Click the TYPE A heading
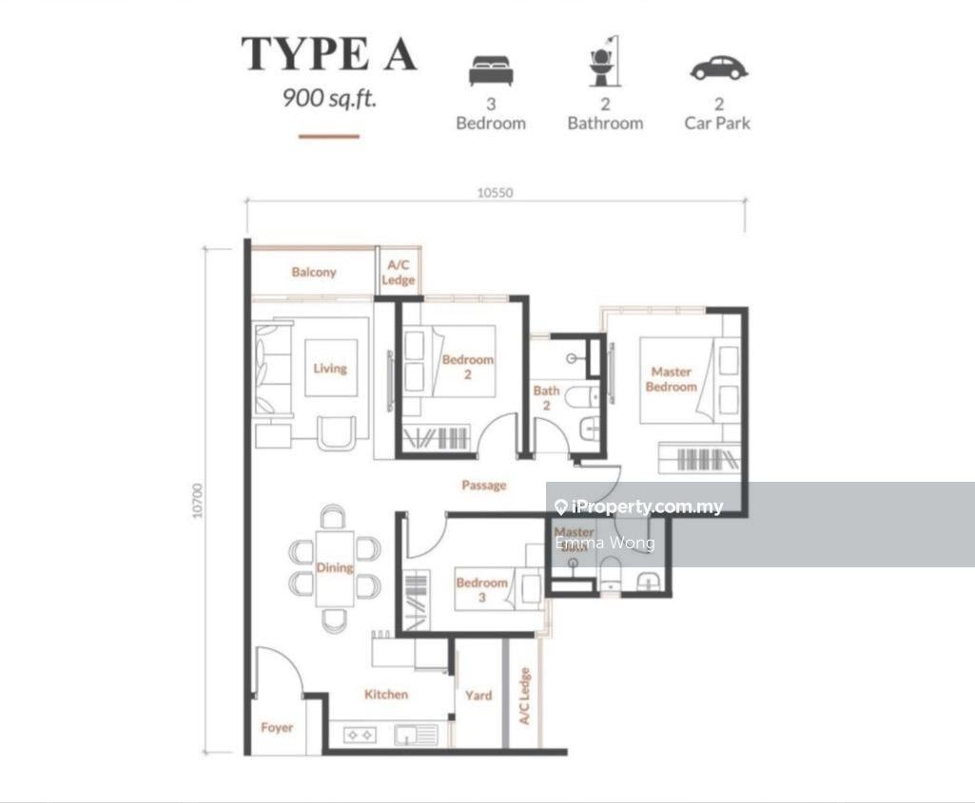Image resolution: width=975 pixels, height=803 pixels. pyautogui.click(x=329, y=53)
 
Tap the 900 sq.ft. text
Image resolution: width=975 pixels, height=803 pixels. pyautogui.click(x=329, y=97)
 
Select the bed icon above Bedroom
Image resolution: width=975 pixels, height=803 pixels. pyautogui.click(x=491, y=70)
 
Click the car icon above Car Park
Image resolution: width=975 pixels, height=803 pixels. pyautogui.click(x=718, y=68)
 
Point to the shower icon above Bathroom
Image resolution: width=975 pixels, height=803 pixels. pyautogui.click(x=604, y=62)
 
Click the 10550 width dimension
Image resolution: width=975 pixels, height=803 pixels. pyautogui.click(x=495, y=193)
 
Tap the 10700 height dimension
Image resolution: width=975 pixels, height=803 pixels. pyautogui.click(x=198, y=501)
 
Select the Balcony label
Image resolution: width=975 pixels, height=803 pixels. pyautogui.click(x=314, y=273)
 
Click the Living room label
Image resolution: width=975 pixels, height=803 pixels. pyautogui.click(x=330, y=369)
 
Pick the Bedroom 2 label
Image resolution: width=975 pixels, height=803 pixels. pyautogui.click(x=468, y=367)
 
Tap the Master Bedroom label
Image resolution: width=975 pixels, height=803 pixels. pyautogui.click(x=671, y=379)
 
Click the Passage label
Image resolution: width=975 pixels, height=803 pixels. pyautogui.click(x=484, y=486)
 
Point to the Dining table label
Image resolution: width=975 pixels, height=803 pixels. pyautogui.click(x=334, y=567)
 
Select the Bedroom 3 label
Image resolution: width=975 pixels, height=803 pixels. pyautogui.click(x=481, y=589)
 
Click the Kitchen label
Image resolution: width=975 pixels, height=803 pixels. pyautogui.click(x=386, y=695)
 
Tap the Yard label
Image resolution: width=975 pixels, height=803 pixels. pyautogui.click(x=478, y=696)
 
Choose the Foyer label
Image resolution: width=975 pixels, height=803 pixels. pyautogui.click(x=277, y=728)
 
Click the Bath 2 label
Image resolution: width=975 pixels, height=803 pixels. pyautogui.click(x=546, y=398)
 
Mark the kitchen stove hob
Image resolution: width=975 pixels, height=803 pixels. pyautogui.click(x=360, y=734)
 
